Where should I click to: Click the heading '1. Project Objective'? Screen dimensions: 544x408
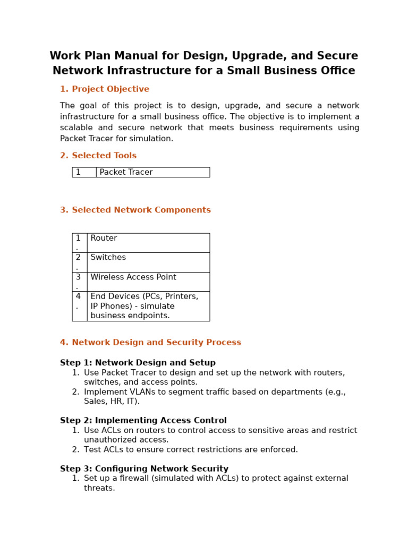click(x=105, y=89)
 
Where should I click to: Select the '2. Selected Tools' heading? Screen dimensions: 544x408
click(x=98, y=156)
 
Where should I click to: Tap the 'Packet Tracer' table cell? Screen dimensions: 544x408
click(x=126, y=172)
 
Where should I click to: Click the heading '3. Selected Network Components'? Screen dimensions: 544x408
click(x=135, y=210)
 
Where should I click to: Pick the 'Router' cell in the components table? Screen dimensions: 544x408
click(x=104, y=239)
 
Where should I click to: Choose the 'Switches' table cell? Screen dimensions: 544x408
click(x=108, y=258)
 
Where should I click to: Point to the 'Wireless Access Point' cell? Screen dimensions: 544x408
click(x=133, y=277)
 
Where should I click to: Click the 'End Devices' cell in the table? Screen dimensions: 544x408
click(x=144, y=306)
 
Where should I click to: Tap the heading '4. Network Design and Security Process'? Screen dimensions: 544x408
click(x=150, y=343)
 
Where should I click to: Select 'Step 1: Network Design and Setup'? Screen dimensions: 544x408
click(x=138, y=363)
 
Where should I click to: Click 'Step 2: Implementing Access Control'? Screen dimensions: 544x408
click(x=143, y=421)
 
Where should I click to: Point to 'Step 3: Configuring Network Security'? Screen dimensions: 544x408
click(x=144, y=469)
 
